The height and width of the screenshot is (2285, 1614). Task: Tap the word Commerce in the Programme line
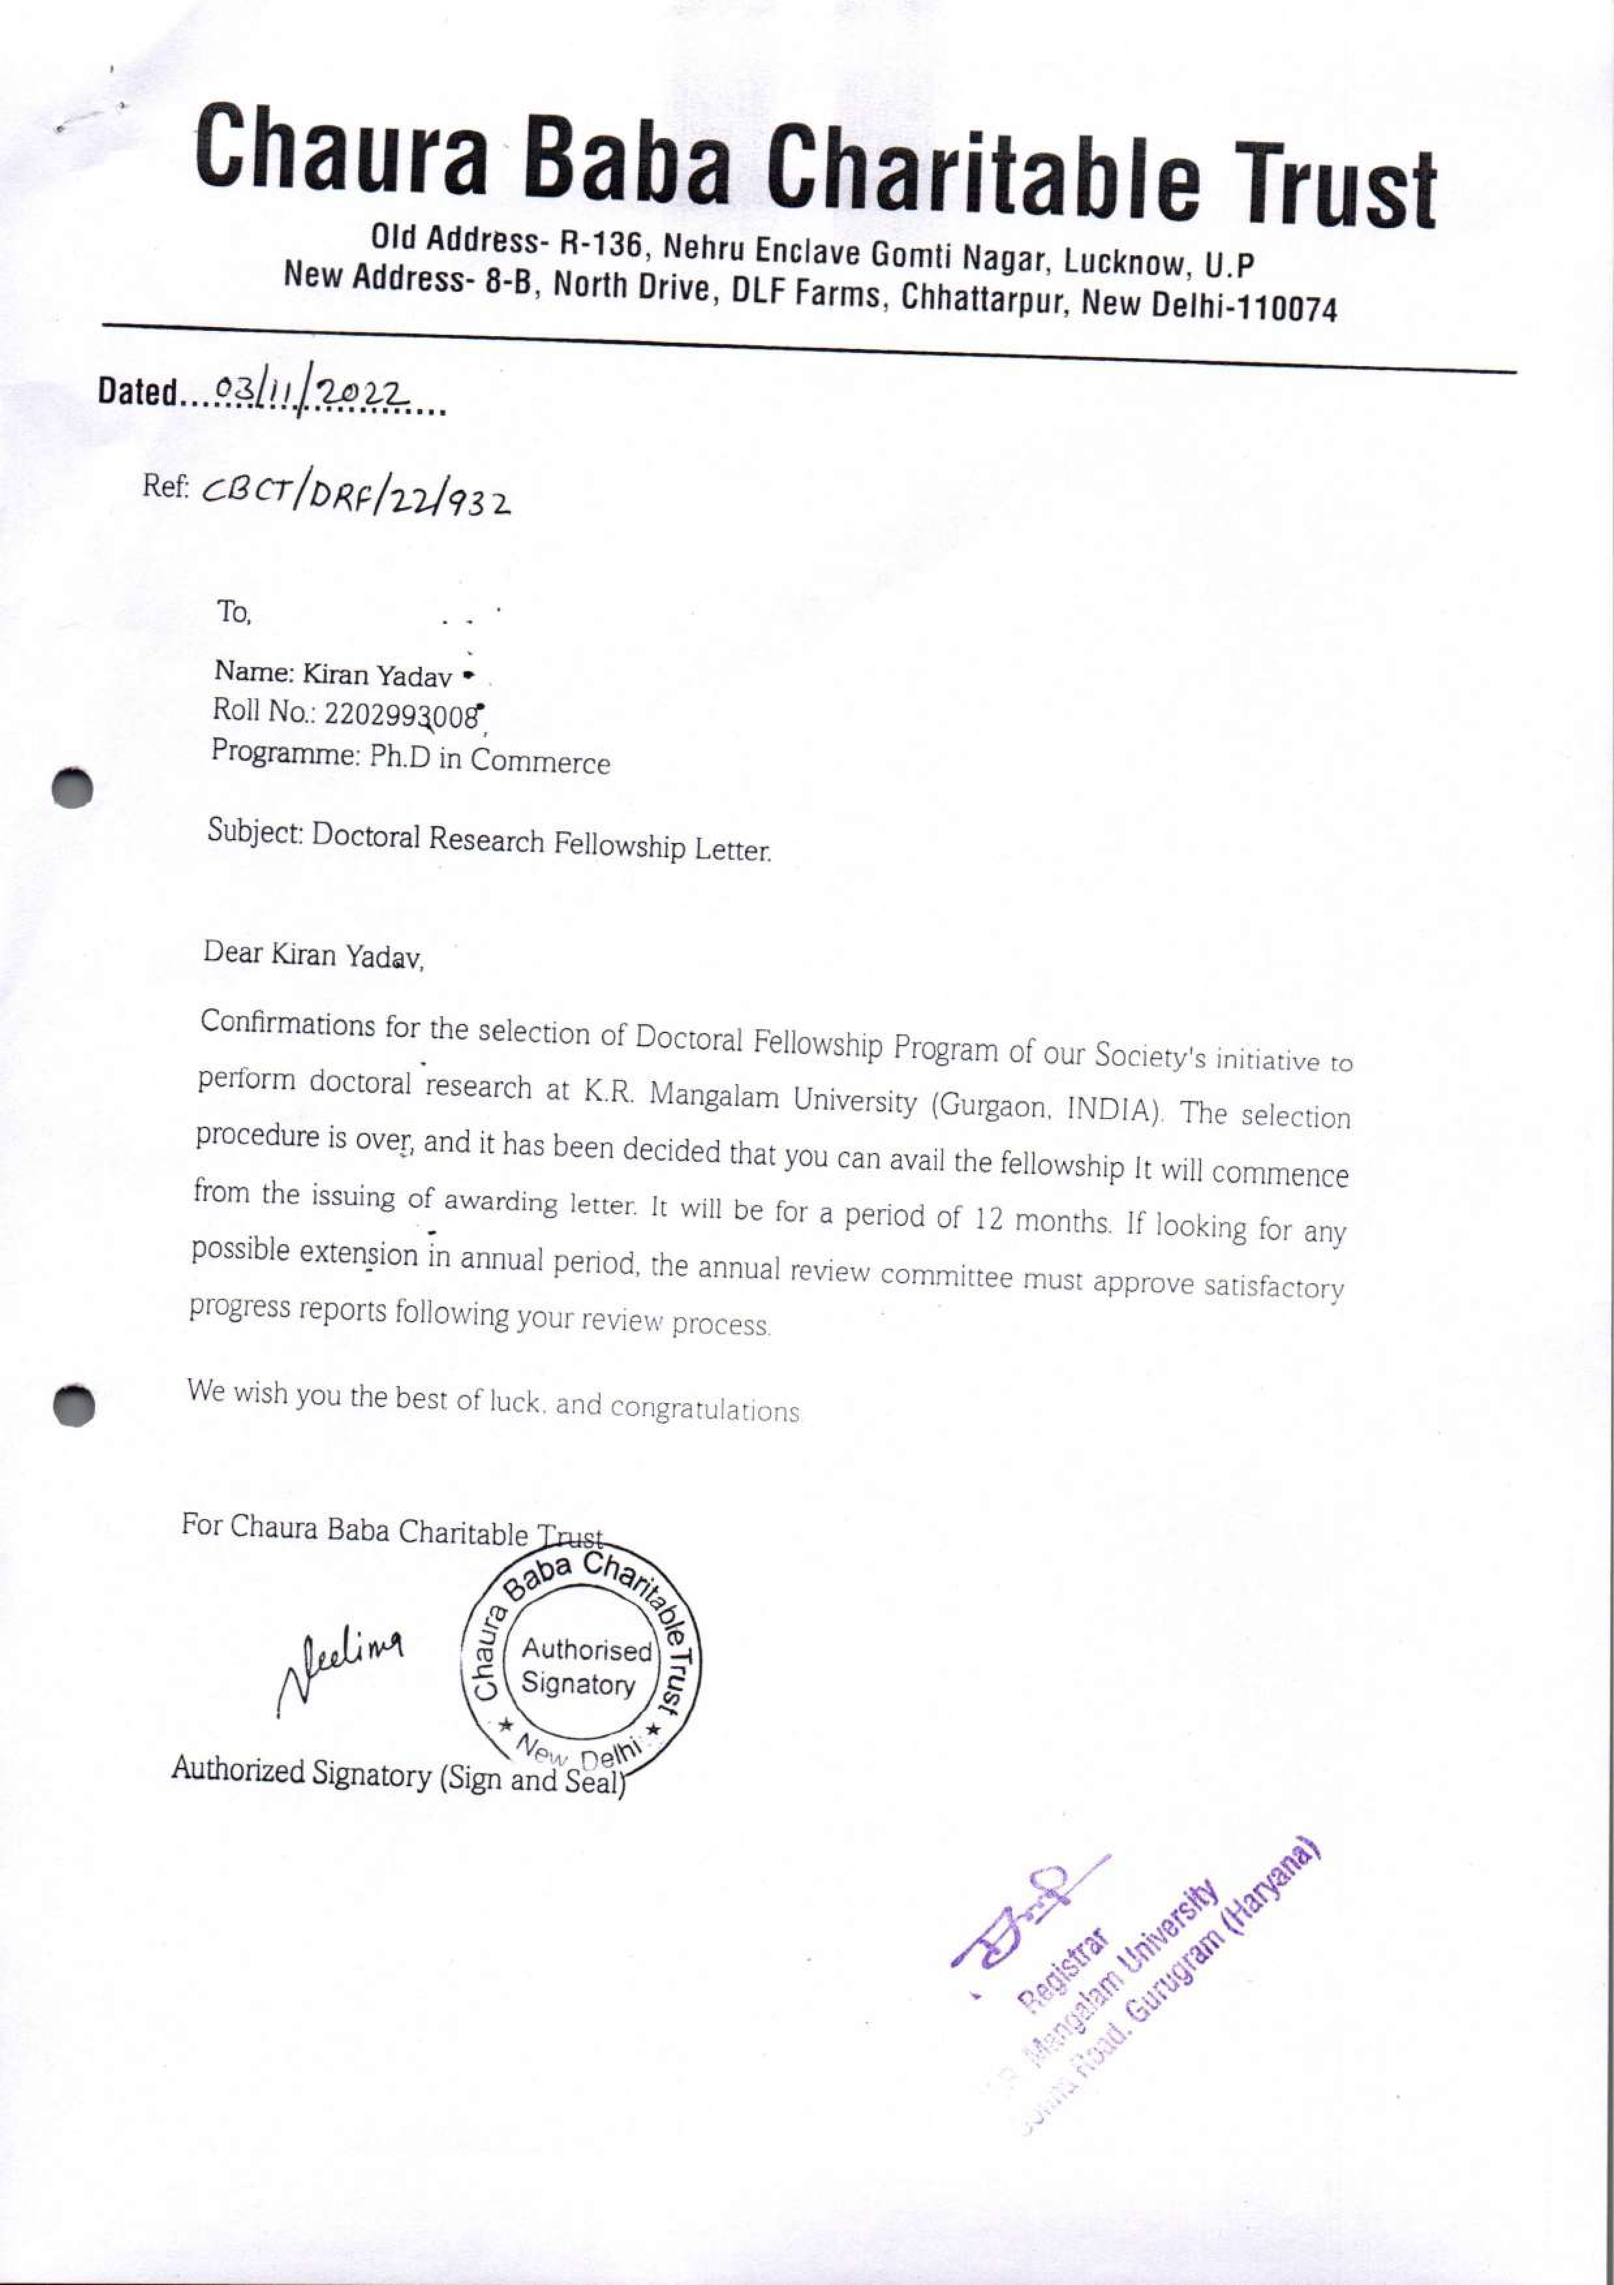541,761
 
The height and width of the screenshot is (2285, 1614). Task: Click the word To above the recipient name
235,612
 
